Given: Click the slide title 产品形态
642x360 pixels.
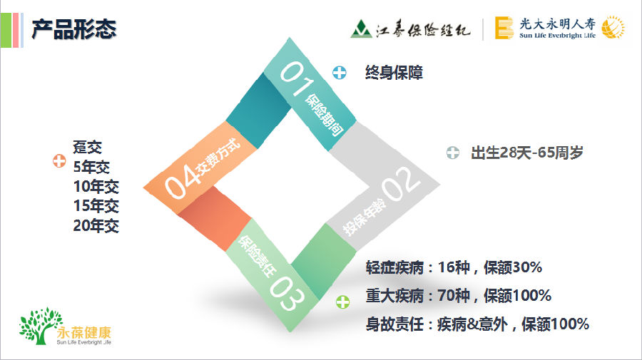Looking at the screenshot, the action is click(x=74, y=29).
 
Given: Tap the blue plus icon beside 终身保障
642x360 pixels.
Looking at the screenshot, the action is click(x=339, y=73).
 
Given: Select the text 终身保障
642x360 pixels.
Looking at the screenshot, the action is click(x=394, y=73).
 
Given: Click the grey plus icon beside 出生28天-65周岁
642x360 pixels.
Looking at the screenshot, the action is click(x=453, y=153).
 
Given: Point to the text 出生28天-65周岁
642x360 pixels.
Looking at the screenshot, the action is click(x=527, y=153).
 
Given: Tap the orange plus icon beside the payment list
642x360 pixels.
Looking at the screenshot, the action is click(x=59, y=161).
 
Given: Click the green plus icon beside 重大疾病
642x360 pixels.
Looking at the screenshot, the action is click(x=342, y=302).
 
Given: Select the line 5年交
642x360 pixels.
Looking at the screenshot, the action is click(x=92, y=167).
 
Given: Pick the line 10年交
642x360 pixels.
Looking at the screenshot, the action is click(x=96, y=187).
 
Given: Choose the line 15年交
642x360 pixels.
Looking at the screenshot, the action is click(x=96, y=206).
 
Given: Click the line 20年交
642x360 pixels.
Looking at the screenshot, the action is click(x=96, y=225).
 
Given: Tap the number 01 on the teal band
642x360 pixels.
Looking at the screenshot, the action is click(x=295, y=78).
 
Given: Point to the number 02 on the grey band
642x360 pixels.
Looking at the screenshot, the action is click(x=401, y=184).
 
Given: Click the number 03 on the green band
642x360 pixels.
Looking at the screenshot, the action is click(x=287, y=293).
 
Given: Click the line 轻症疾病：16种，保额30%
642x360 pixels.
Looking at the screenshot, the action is click(x=454, y=267).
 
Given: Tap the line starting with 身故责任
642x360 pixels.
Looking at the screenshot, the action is click(x=477, y=324).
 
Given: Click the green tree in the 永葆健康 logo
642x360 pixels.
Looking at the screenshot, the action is click(x=40, y=326).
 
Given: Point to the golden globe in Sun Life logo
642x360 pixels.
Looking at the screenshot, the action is click(x=613, y=27).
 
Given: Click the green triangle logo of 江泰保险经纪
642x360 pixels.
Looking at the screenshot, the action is click(x=361, y=29).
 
